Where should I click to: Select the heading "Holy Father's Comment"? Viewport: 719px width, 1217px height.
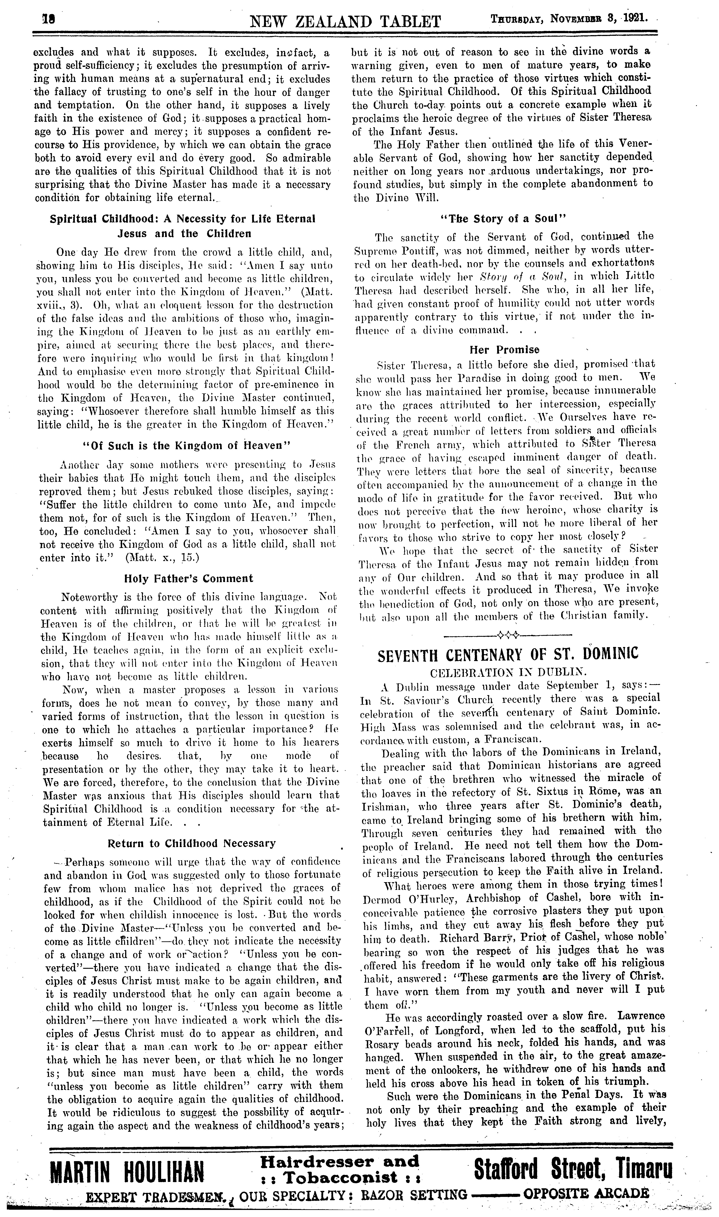tap(189, 578)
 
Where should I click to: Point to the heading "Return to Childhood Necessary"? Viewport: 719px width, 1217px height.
tap(191, 843)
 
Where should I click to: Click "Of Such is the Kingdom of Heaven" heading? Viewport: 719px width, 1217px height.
tap(187, 445)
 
